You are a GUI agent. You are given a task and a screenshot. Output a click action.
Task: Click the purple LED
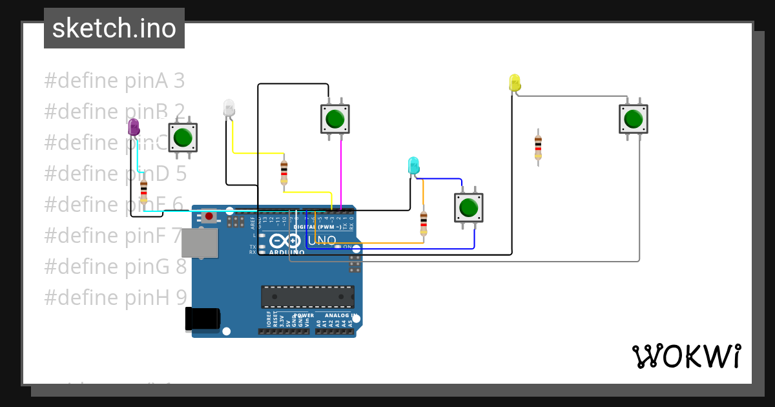click(134, 127)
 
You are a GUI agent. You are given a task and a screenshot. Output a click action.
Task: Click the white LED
click(229, 109)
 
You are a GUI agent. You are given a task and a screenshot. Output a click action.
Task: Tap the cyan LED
click(413, 165)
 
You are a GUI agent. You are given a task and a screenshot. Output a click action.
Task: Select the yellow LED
click(515, 83)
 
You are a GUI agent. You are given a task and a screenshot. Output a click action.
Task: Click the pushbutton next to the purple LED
click(183, 138)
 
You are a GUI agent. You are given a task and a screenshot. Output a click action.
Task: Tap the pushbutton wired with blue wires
click(468, 207)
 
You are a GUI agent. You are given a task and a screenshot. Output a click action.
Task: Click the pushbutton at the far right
click(633, 120)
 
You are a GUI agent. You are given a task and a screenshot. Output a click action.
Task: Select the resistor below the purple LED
click(143, 191)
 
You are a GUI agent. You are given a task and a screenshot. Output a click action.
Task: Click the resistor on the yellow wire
click(284, 172)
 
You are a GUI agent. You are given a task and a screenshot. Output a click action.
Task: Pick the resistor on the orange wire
click(424, 222)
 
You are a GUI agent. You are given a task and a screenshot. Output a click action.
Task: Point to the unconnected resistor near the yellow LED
click(538, 147)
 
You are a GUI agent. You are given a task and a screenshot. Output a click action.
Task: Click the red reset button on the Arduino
click(209, 216)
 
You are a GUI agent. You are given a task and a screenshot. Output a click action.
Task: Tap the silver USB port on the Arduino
click(199, 243)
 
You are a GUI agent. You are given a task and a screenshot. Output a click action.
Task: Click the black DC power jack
click(203, 319)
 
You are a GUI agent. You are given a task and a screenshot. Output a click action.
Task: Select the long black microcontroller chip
click(307, 297)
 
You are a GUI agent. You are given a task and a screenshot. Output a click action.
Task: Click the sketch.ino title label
click(114, 28)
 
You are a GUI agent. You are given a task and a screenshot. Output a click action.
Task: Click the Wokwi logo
click(686, 356)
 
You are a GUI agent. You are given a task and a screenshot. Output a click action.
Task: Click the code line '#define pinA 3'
click(114, 81)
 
